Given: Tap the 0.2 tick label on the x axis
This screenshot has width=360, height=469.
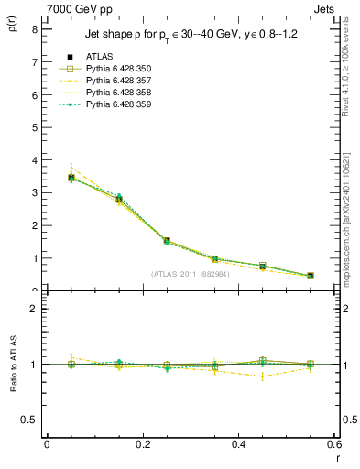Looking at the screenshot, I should click(x=143, y=444).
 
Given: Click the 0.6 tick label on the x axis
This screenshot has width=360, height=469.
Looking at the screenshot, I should click(x=333, y=444).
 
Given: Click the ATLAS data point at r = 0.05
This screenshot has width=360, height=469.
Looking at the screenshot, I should click(x=71, y=178).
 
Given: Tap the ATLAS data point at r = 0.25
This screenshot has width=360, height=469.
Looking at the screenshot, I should click(x=167, y=241).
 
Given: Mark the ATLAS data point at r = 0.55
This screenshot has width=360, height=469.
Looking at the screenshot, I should click(x=311, y=276).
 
